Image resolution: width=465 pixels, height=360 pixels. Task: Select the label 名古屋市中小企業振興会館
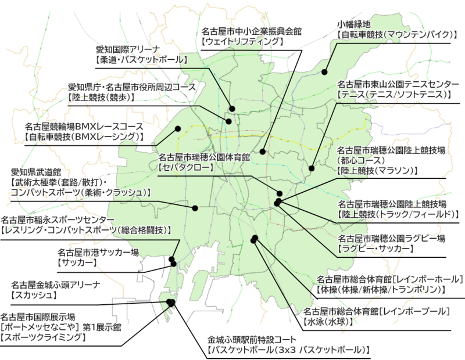tap(252, 32)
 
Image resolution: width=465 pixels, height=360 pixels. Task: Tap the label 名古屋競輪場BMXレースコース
tap(84, 126)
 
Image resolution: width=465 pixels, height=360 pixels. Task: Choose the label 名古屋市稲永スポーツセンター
tap(58, 220)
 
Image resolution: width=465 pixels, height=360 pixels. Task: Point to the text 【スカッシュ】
tap(35, 295)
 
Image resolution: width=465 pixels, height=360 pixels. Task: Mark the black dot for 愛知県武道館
tap(196, 207)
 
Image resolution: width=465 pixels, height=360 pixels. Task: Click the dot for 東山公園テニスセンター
tap(312, 168)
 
